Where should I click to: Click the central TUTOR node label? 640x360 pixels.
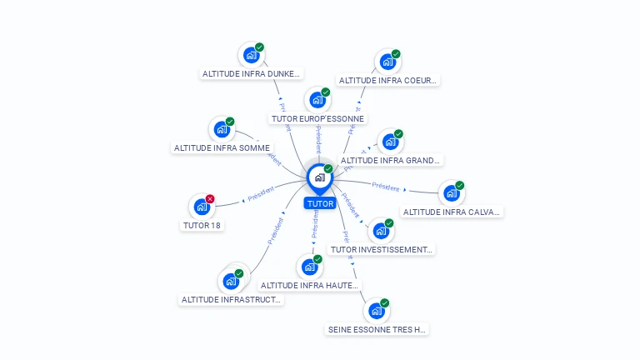pos(320,203)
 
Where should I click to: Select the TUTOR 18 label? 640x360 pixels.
pos(202,225)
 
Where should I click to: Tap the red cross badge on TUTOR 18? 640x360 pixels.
pos(210,198)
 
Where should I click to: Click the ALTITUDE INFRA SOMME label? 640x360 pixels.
pos(222,148)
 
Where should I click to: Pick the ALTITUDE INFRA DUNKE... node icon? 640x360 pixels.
pos(250,55)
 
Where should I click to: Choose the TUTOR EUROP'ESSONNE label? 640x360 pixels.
pos(318,119)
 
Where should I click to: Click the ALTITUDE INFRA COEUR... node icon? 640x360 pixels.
pos(387,62)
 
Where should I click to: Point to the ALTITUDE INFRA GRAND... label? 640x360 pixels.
pos(391,161)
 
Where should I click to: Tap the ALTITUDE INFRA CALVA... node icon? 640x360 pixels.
pos(451,193)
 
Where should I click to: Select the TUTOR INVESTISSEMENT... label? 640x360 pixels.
pos(382,249)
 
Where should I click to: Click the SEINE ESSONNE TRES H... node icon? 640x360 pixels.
pos(377,311)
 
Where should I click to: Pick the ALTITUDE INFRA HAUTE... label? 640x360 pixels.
pos(309,286)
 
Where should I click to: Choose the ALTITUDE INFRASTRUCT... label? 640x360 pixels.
pos(231,300)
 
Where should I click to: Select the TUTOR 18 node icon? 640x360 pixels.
pos(201,206)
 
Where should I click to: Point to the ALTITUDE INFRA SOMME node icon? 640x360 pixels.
pos(221,129)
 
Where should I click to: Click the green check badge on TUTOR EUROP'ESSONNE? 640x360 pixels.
pos(326,92)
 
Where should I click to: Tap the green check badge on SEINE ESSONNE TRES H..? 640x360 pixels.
pos(385,302)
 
